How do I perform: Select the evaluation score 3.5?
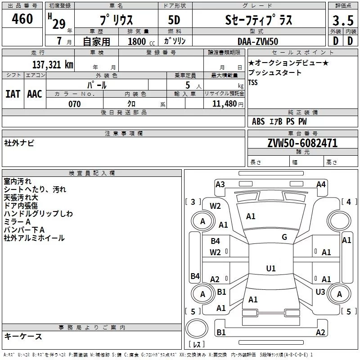tap(342, 21)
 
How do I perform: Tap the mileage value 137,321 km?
tap(53, 64)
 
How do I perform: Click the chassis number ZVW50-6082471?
tap(302, 144)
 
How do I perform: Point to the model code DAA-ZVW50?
tap(258, 41)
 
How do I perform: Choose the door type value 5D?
tap(174, 20)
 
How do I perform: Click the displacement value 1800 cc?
tap(137, 41)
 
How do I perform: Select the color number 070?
tap(74, 104)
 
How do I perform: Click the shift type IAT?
tap(13, 94)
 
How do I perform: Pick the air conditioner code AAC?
tap(34, 94)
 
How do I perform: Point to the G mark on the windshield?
tap(284, 237)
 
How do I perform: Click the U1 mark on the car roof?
tap(270, 269)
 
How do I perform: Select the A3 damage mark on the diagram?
tap(220, 184)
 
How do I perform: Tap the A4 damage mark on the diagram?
tap(321, 184)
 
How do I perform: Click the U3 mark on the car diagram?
tap(320, 292)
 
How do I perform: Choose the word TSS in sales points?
tap(253, 83)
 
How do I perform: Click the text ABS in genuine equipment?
tap(258, 121)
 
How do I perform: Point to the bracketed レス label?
tap(197, 345)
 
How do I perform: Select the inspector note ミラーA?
tap(17, 222)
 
